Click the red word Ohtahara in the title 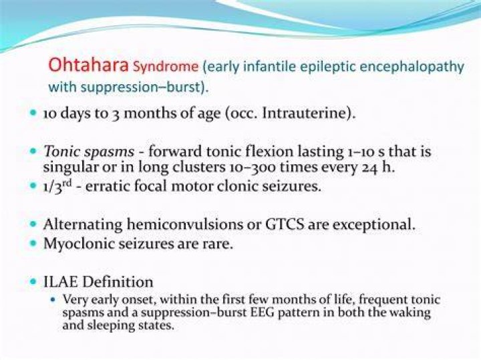[x=88, y=65]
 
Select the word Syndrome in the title [x=166, y=67]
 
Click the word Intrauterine [x=306, y=113]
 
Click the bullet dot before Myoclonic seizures [x=33, y=243]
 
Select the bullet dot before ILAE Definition [x=33, y=281]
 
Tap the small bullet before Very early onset [x=53, y=300]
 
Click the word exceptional [x=374, y=224]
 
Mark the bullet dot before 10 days [x=33, y=112]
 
